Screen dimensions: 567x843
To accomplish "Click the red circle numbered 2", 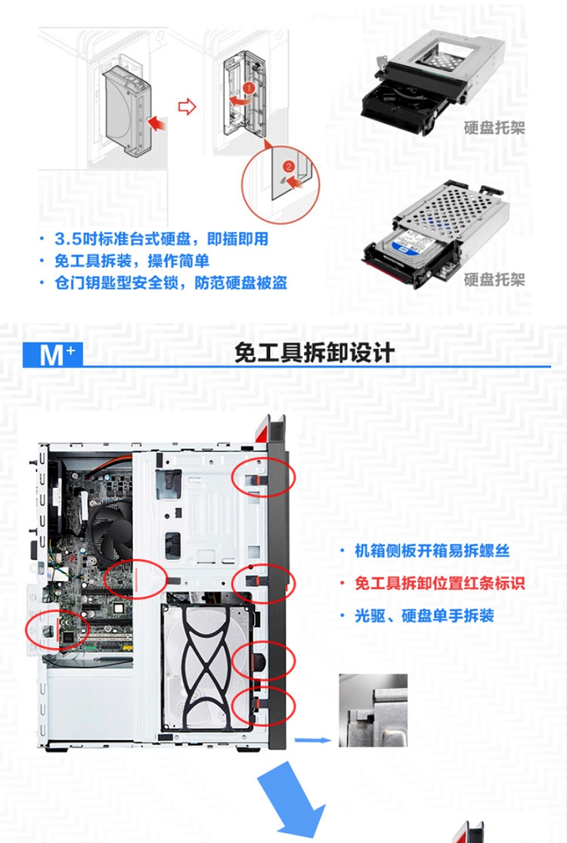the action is [x=288, y=167].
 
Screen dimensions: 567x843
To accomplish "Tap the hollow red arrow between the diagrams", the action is [x=187, y=107].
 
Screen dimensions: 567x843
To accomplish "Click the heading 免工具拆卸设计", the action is [x=314, y=354].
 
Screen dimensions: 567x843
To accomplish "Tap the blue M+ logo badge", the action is [x=52, y=354].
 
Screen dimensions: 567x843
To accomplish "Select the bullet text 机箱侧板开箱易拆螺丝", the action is [x=432, y=551].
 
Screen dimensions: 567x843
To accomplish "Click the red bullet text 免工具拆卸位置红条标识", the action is [x=439, y=583].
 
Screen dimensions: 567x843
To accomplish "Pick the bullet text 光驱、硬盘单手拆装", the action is [x=424, y=616].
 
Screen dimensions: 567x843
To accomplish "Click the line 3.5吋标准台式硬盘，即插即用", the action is [x=161, y=239].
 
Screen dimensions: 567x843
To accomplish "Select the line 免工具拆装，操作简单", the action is [x=132, y=261].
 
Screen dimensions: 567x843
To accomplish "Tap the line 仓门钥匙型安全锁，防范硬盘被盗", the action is [x=171, y=283].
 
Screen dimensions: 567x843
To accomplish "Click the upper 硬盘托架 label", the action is [x=494, y=128].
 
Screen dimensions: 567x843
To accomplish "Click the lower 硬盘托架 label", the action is [x=494, y=279].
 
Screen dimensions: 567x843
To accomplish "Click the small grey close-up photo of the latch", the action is [x=373, y=710].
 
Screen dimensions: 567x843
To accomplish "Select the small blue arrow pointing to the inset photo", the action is [x=313, y=740].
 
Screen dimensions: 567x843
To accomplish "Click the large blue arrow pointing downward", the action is [x=293, y=801].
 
